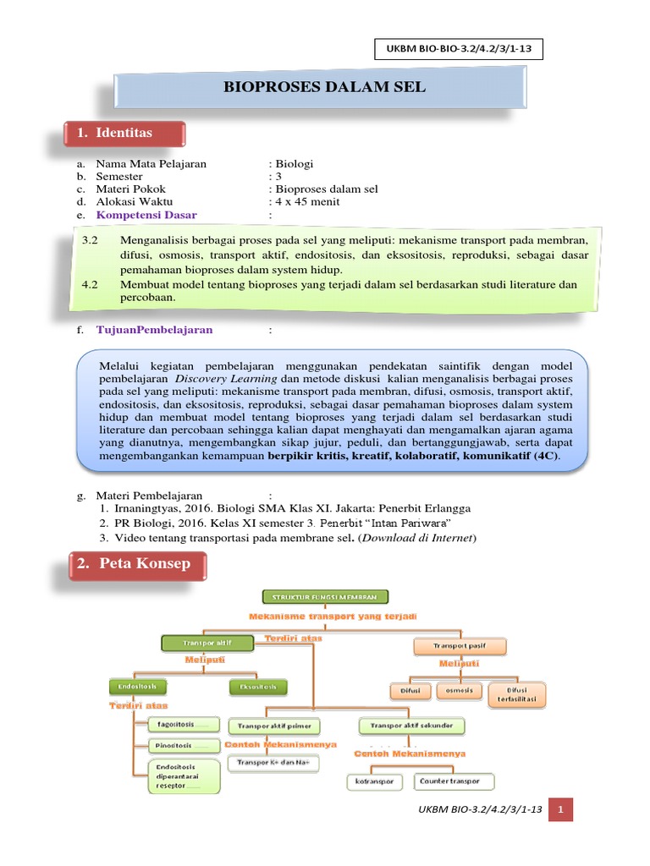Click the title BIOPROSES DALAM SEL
tap(324, 87)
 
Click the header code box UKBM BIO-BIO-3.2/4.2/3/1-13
tap(458, 51)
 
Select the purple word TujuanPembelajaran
tap(154, 329)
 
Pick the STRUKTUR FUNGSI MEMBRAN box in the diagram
tap(325, 597)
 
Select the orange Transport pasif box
tap(460, 647)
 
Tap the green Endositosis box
tap(138, 686)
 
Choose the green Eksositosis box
tap(258, 687)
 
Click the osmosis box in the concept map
tap(458, 691)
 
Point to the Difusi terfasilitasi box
tap(516, 695)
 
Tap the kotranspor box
tap(375, 781)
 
